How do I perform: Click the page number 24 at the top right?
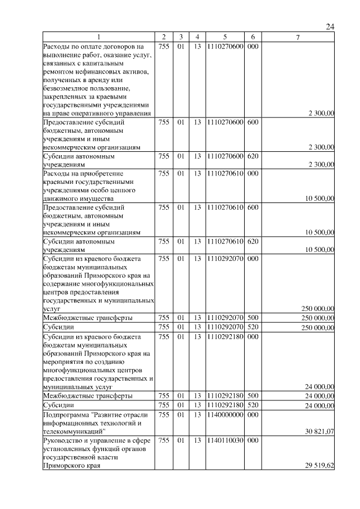tap(330, 26)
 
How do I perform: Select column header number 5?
tap(224, 37)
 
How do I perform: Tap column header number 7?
tap(298, 37)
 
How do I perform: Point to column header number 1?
tap(98, 37)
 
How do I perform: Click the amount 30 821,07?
tap(318, 431)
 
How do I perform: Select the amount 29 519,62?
tap(318, 466)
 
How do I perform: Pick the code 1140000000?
tap(224, 415)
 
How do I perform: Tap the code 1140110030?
tap(224, 440)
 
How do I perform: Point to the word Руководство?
tap(64, 440)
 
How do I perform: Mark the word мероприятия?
tap(63, 362)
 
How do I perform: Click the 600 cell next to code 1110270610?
tap(253, 208)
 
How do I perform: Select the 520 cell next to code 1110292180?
tap(253, 405)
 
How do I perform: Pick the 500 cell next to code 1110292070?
tap(253, 318)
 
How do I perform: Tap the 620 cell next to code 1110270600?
tap(253, 156)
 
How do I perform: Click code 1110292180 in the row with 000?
tap(224, 337)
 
